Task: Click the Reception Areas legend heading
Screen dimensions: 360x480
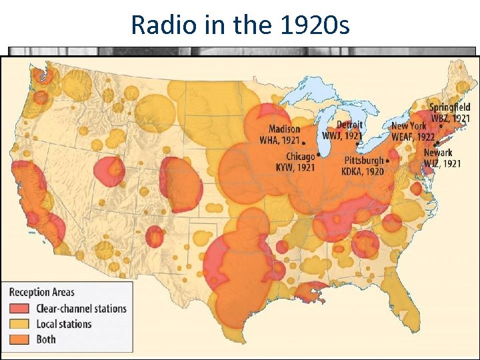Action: pos(41,292)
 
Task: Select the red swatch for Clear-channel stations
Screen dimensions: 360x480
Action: pos(20,308)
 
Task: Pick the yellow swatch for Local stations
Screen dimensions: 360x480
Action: pos(20,324)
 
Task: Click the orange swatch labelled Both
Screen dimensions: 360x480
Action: pos(20,339)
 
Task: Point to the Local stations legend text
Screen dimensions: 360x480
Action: pos(64,324)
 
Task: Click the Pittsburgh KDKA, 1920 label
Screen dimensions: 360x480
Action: pos(364,165)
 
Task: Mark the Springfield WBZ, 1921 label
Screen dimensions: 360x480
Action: pos(449,113)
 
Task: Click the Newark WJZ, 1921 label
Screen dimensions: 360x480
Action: pos(441,158)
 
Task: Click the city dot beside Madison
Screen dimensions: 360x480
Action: pos(305,142)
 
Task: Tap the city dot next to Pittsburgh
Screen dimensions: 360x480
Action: pos(388,161)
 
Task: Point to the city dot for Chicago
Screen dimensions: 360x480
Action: pos(319,155)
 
